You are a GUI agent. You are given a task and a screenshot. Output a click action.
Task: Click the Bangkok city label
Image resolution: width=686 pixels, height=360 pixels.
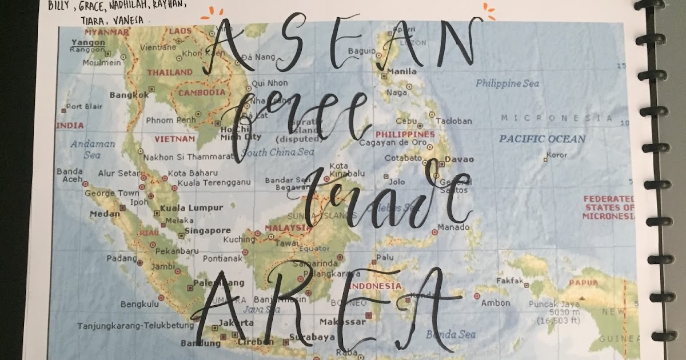(129, 95)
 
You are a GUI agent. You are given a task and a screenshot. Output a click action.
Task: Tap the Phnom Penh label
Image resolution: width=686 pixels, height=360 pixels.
(170, 121)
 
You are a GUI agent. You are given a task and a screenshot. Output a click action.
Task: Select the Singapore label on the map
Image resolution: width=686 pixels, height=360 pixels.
(208, 231)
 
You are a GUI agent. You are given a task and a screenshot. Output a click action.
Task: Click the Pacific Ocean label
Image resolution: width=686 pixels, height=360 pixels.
(542, 139)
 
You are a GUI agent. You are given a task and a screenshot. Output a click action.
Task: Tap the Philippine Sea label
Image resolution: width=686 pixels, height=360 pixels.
(507, 83)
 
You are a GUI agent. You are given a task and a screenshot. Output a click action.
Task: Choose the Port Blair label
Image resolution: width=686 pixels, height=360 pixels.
(84, 106)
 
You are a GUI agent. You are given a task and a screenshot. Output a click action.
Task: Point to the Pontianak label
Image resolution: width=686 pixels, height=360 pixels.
(211, 259)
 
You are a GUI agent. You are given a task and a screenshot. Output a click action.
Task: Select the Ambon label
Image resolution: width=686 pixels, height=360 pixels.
(495, 303)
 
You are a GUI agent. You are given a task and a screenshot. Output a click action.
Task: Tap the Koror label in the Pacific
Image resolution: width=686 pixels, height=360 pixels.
(556, 155)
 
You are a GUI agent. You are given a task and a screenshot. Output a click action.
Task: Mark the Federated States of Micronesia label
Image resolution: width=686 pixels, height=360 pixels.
(609, 207)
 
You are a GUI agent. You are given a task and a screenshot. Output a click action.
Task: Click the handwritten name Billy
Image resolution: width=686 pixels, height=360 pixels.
(59, 6)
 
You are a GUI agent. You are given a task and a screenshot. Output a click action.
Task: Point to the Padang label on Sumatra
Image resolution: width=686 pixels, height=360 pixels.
(118, 258)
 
